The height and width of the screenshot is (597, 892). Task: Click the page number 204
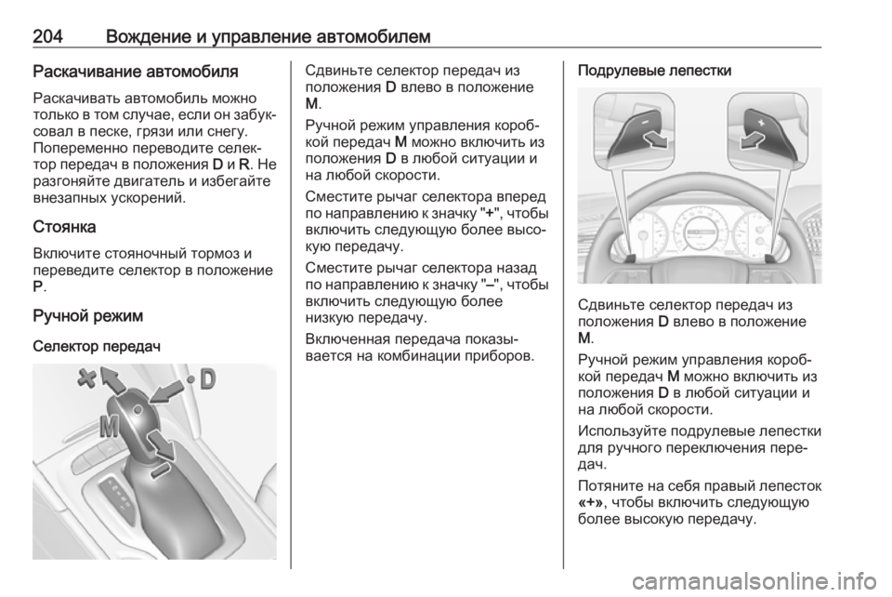(x=47, y=36)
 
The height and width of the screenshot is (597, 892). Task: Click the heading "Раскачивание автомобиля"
(x=136, y=72)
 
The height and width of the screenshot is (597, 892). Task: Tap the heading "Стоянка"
(x=64, y=227)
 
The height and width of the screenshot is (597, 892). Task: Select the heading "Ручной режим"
(x=87, y=315)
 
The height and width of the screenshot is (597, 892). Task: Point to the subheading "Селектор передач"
(x=97, y=346)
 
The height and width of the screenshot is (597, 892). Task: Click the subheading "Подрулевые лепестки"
(x=654, y=71)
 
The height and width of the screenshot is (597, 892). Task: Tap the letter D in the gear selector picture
(x=207, y=379)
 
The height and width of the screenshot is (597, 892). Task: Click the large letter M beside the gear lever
(x=110, y=426)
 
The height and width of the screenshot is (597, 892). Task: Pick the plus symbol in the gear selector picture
(x=87, y=378)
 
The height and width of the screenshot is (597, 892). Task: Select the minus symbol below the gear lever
(x=160, y=471)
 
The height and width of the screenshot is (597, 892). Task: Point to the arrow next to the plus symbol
(x=113, y=379)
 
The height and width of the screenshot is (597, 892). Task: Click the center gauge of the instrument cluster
(x=701, y=232)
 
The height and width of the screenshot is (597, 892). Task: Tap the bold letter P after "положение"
(x=37, y=286)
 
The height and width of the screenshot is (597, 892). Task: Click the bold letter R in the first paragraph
(x=244, y=165)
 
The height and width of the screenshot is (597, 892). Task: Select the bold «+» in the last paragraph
(x=591, y=502)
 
